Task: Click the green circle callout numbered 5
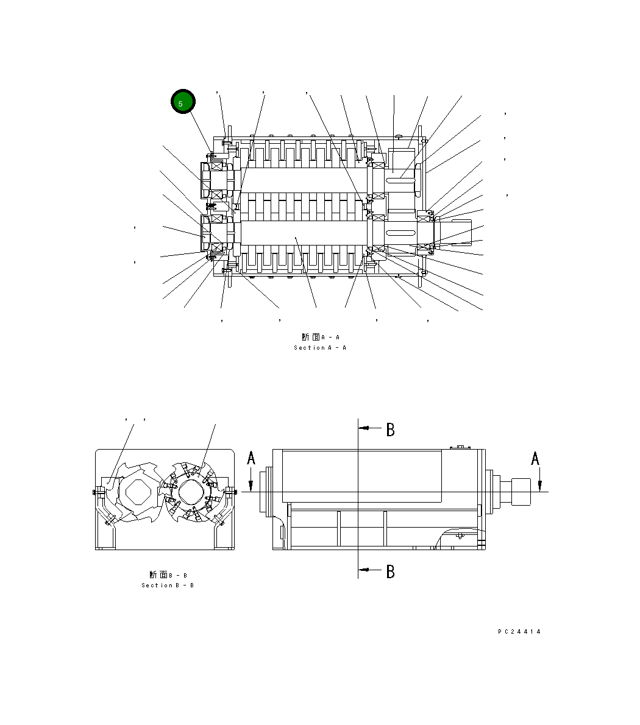(182, 102)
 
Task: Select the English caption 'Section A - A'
(320, 348)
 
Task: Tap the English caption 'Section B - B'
(168, 585)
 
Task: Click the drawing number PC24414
(519, 632)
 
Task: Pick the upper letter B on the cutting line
(391, 430)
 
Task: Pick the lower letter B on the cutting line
(391, 572)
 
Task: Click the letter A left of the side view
(251, 458)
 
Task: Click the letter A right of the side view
(535, 458)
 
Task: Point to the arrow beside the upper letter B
(369, 428)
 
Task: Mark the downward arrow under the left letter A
(251, 483)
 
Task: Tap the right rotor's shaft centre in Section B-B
(194, 491)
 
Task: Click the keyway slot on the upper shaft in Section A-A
(400, 174)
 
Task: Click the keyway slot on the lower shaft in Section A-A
(400, 232)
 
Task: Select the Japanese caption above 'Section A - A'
(320, 337)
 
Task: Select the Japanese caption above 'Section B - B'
(168, 575)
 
